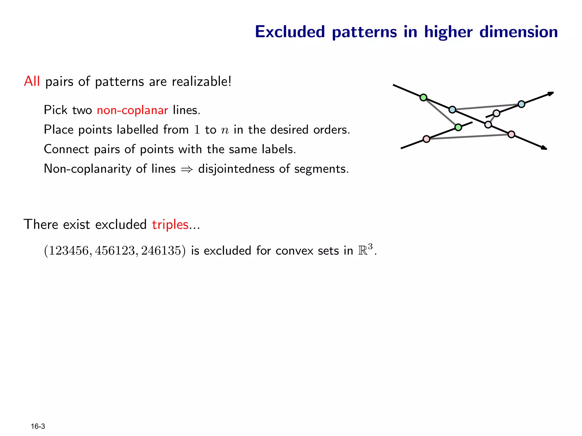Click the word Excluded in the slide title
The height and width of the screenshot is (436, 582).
[290, 32]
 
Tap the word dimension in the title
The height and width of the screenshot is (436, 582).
[519, 32]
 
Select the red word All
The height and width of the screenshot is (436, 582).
[32, 81]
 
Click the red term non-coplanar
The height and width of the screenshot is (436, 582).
[132, 110]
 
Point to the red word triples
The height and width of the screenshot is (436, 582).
[170, 225]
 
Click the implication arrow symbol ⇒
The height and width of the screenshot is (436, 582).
[187, 169]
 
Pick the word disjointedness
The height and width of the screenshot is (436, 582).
[236, 169]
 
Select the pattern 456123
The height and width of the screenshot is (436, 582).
[115, 251]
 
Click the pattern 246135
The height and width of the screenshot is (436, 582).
[161, 251]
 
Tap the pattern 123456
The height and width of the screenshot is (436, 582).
[68, 251]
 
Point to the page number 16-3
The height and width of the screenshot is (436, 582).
[38, 426]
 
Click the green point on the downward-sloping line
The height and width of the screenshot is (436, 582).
[423, 98]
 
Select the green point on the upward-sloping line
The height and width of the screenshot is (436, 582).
[458, 127]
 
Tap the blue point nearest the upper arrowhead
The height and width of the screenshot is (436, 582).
[521, 104]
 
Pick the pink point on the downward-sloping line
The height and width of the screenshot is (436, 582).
[511, 134]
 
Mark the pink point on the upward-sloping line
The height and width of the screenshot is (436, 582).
[426, 139]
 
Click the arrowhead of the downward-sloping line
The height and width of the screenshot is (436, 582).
[544, 148]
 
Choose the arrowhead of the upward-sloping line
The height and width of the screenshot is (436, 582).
[551, 93]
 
